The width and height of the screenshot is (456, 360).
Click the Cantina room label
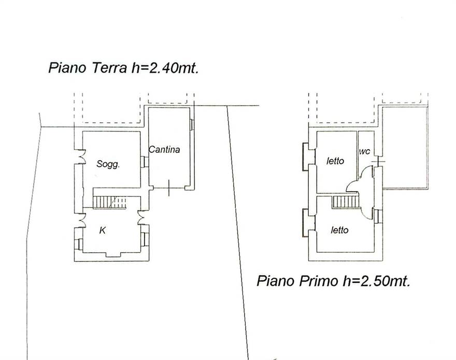(164, 150)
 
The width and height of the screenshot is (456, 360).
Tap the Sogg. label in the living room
(108, 164)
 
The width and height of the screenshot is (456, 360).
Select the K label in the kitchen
(103, 231)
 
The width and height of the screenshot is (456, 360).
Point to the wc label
(365, 151)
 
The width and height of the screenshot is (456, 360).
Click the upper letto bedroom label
(335, 161)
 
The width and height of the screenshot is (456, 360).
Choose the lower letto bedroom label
(339, 230)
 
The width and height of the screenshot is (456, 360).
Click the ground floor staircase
(110, 202)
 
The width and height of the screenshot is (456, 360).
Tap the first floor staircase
(345, 202)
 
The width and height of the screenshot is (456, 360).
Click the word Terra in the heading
(110, 68)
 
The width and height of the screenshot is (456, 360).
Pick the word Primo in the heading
(319, 281)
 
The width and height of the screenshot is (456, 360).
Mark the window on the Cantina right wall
(192, 125)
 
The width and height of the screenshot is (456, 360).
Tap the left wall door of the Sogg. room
(79, 157)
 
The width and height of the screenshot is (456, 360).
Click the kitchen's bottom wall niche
(113, 254)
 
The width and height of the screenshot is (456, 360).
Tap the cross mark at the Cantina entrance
(169, 188)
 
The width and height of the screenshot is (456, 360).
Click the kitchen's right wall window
(145, 239)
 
